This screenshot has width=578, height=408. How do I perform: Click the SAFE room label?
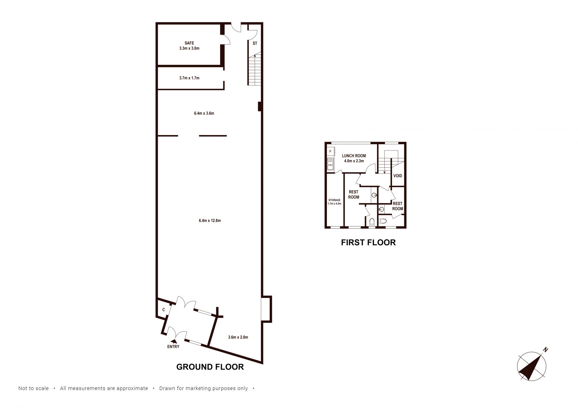(189, 43)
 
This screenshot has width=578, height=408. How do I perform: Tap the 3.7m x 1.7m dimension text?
(189, 78)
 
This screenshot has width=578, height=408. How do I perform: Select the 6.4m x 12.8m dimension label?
(210, 221)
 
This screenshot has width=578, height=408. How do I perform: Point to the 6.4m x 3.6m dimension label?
(204, 113)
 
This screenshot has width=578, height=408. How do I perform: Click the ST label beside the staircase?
(255, 43)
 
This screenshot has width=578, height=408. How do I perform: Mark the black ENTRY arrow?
(174, 341)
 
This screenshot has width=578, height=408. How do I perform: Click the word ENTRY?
(173, 347)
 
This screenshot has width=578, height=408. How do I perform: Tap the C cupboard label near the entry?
(164, 310)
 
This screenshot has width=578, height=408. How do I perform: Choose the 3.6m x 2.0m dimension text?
(238, 337)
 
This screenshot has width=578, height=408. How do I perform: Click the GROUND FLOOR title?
(210, 367)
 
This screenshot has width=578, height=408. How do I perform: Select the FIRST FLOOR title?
(368, 243)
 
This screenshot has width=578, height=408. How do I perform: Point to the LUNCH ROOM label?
(354, 156)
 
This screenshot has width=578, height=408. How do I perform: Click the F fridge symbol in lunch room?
(330, 151)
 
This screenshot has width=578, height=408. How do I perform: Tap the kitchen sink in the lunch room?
(331, 164)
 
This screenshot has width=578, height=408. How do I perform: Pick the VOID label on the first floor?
(398, 176)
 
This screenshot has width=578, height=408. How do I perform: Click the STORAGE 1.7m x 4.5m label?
(334, 202)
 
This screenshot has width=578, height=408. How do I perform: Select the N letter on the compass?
(546, 350)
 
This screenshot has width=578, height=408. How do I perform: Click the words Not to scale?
(33, 388)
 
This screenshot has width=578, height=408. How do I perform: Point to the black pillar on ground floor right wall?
(259, 107)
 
